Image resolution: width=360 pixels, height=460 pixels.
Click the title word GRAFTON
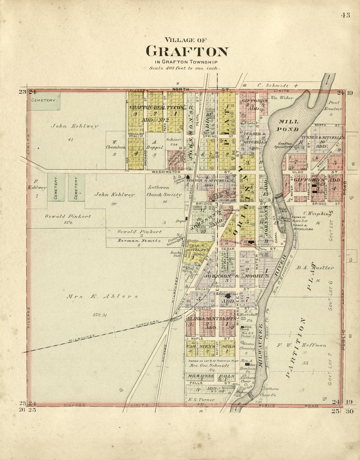click(187, 52)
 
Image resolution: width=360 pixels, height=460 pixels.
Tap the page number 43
click(345, 15)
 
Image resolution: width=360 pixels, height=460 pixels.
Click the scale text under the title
click(185, 68)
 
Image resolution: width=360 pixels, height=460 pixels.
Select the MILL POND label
click(288, 125)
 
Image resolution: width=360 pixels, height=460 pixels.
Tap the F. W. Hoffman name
click(301, 345)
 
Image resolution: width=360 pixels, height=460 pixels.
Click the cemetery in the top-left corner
click(44, 100)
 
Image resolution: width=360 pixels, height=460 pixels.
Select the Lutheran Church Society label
click(164, 191)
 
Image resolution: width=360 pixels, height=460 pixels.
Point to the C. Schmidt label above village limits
click(278, 85)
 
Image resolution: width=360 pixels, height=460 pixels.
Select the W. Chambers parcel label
click(115, 145)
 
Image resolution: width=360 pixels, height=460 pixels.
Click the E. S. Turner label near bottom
click(201, 400)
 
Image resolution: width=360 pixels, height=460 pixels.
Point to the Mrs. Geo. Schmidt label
click(209, 365)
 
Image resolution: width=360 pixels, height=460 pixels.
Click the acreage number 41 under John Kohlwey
click(70, 140)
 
